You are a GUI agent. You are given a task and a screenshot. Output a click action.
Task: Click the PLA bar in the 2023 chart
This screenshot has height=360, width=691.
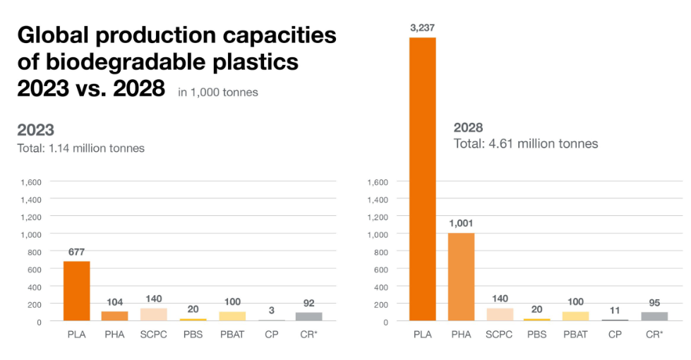click(x=77, y=291)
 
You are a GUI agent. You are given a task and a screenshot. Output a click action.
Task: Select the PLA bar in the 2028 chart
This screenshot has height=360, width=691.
click(x=422, y=179)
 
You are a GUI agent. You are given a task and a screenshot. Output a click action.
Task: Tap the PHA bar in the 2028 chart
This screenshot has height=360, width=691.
click(x=461, y=277)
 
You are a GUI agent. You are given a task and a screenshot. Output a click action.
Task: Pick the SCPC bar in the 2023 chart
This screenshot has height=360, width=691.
click(x=154, y=315)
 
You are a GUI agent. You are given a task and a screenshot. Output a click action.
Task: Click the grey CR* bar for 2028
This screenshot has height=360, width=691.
click(x=654, y=316)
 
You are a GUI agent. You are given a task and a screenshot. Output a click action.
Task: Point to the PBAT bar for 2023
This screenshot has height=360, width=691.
click(x=232, y=316)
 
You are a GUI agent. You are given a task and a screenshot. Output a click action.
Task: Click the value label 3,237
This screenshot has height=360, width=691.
click(x=423, y=28)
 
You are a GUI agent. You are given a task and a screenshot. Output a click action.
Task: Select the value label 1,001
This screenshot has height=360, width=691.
click(x=461, y=223)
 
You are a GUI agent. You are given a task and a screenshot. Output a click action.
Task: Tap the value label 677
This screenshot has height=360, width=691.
click(x=77, y=251)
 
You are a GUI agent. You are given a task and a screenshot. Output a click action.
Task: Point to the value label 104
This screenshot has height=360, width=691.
click(x=115, y=301)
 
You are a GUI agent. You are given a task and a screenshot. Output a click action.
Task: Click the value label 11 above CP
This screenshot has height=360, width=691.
click(x=615, y=310)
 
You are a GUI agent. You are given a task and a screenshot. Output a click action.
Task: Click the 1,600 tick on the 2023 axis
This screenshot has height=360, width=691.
click(x=31, y=182)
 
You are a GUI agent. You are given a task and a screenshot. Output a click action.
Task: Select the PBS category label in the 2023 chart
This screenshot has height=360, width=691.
click(x=192, y=334)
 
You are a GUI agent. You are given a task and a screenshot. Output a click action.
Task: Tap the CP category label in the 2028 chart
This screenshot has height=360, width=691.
click(x=615, y=334)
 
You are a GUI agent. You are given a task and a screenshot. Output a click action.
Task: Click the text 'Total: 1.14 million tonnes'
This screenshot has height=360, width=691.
click(x=80, y=148)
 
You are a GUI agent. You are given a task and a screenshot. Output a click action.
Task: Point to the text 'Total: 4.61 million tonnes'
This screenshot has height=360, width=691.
click(x=525, y=143)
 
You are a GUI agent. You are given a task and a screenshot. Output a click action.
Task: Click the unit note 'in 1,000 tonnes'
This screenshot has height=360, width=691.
click(x=218, y=92)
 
